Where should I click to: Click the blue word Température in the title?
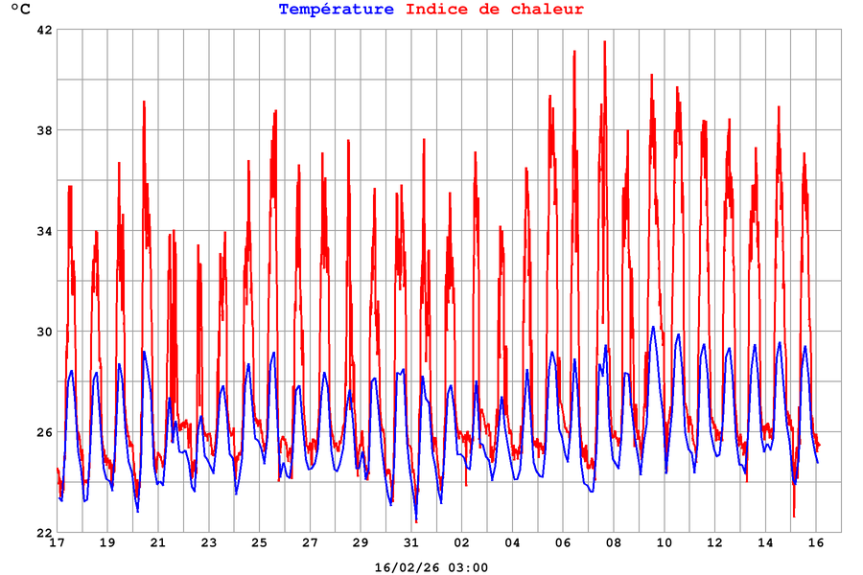click(336, 10)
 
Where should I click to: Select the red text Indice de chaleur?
click(495, 10)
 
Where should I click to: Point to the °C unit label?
click(20, 11)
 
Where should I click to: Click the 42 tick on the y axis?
click(44, 30)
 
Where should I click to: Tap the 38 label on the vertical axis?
click(44, 130)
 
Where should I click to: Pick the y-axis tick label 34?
click(44, 231)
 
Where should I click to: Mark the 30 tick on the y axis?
click(44, 332)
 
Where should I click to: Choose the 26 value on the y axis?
click(44, 432)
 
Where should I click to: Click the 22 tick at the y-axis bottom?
click(44, 533)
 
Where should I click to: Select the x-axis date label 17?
click(57, 543)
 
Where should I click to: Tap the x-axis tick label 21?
click(158, 543)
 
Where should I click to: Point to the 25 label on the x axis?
click(259, 543)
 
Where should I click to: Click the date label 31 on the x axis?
click(411, 543)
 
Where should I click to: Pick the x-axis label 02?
click(462, 543)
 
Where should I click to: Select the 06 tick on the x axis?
click(563, 543)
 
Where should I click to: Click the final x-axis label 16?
click(816, 543)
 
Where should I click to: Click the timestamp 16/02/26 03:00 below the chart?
click(431, 567)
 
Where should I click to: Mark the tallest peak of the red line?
click(605, 41)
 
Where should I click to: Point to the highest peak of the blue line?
click(653, 327)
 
